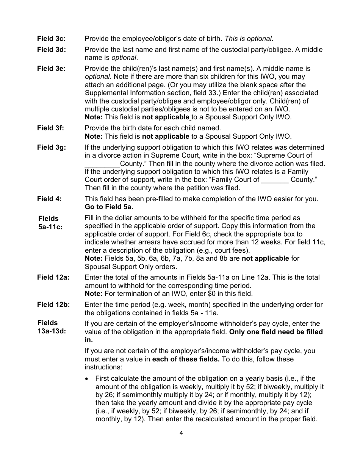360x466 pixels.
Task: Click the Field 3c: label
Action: click(x=51, y=39)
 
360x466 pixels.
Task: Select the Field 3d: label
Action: click(x=51, y=50)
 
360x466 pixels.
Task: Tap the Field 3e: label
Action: click(x=51, y=69)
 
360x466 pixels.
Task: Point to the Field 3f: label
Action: click(x=50, y=128)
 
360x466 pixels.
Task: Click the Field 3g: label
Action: click(x=51, y=147)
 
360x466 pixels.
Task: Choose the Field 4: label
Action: click(x=49, y=199)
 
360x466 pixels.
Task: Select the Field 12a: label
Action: click(x=53, y=277)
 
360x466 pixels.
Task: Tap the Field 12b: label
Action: click(x=53, y=305)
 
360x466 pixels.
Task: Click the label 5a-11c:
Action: click(x=50, y=227)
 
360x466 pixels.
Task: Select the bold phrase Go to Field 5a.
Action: click(x=109, y=207)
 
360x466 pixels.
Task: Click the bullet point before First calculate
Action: click(x=88, y=378)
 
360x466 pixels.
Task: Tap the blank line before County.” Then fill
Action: click(x=102, y=164)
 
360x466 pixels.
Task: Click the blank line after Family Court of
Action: click(x=275, y=180)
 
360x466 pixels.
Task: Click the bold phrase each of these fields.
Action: click(x=186, y=359)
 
